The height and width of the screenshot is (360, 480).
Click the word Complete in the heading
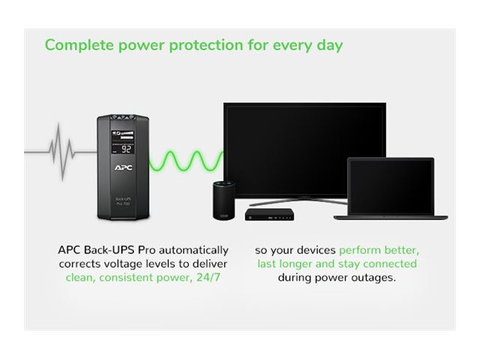click(x=79, y=45)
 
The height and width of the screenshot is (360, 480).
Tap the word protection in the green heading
click(x=206, y=46)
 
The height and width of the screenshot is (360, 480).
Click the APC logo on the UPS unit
click(x=123, y=167)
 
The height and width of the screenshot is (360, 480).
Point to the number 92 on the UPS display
click(x=126, y=149)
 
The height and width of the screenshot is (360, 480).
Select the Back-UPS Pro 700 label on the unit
click(x=123, y=201)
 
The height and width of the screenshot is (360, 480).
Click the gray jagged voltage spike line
click(x=61, y=151)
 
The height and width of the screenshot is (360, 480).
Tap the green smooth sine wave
click(x=186, y=160)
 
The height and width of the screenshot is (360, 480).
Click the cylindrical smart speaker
click(x=223, y=200)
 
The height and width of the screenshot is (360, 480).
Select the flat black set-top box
click(x=269, y=214)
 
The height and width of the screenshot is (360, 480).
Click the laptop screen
click(x=391, y=187)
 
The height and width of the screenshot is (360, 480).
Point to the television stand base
click(x=298, y=201)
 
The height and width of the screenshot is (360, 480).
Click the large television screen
click(x=305, y=150)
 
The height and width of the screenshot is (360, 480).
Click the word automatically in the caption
click(x=193, y=250)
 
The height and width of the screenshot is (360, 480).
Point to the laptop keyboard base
click(x=391, y=217)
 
